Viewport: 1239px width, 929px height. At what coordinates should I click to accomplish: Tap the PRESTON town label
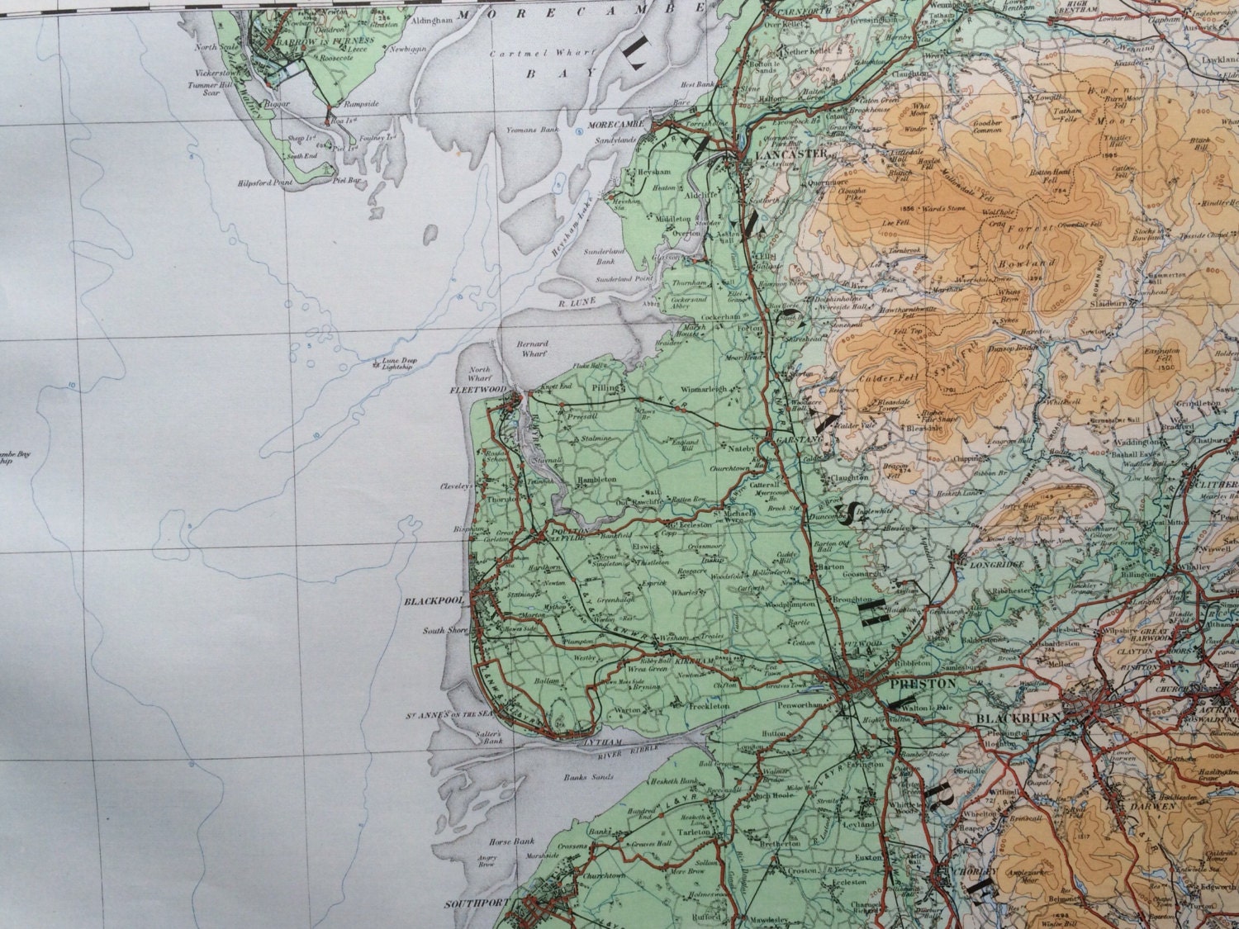coord(911,684)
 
